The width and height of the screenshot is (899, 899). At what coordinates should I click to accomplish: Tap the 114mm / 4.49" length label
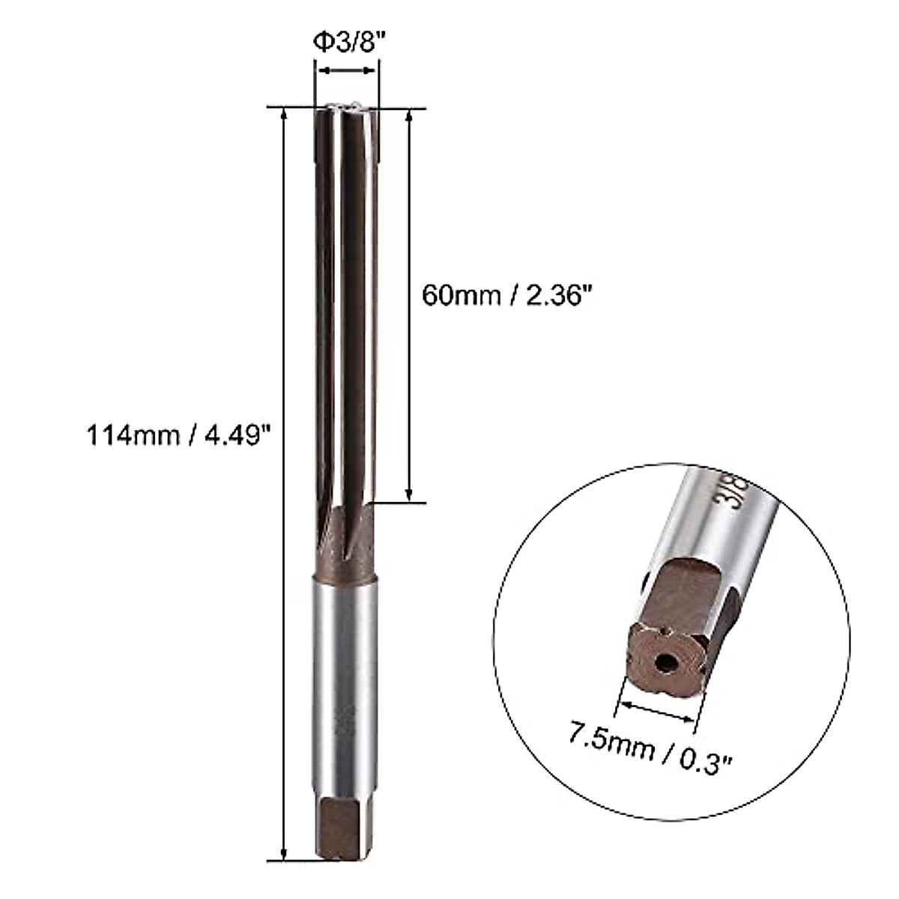click(x=178, y=434)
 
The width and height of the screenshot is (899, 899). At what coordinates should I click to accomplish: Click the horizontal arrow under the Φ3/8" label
click(x=345, y=71)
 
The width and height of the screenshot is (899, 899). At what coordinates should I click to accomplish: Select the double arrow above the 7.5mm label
click(x=657, y=711)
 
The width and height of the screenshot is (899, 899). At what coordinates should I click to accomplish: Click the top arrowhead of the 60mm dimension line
click(x=409, y=116)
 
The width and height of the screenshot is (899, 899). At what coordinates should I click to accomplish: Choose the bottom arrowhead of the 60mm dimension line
click(x=409, y=495)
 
